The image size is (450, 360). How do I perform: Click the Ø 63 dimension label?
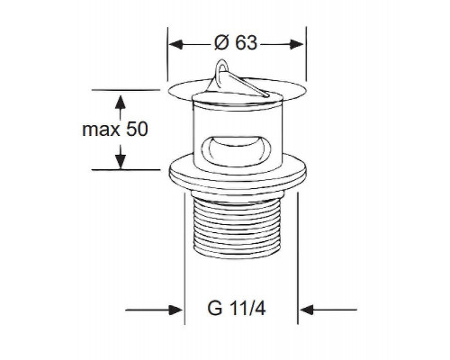tap(236, 43)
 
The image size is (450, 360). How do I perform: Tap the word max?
tap(101, 130)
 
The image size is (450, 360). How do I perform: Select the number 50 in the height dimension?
tap(137, 129)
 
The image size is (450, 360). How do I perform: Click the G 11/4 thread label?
tap(237, 308)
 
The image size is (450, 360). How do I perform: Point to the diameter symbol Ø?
tap(222, 43)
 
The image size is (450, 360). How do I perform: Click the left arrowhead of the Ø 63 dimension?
tap(175, 44)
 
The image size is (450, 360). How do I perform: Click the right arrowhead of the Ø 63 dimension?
tap(297, 44)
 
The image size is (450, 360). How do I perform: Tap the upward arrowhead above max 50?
tap(121, 102)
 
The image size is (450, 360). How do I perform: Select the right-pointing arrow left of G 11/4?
tap(154, 310)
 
